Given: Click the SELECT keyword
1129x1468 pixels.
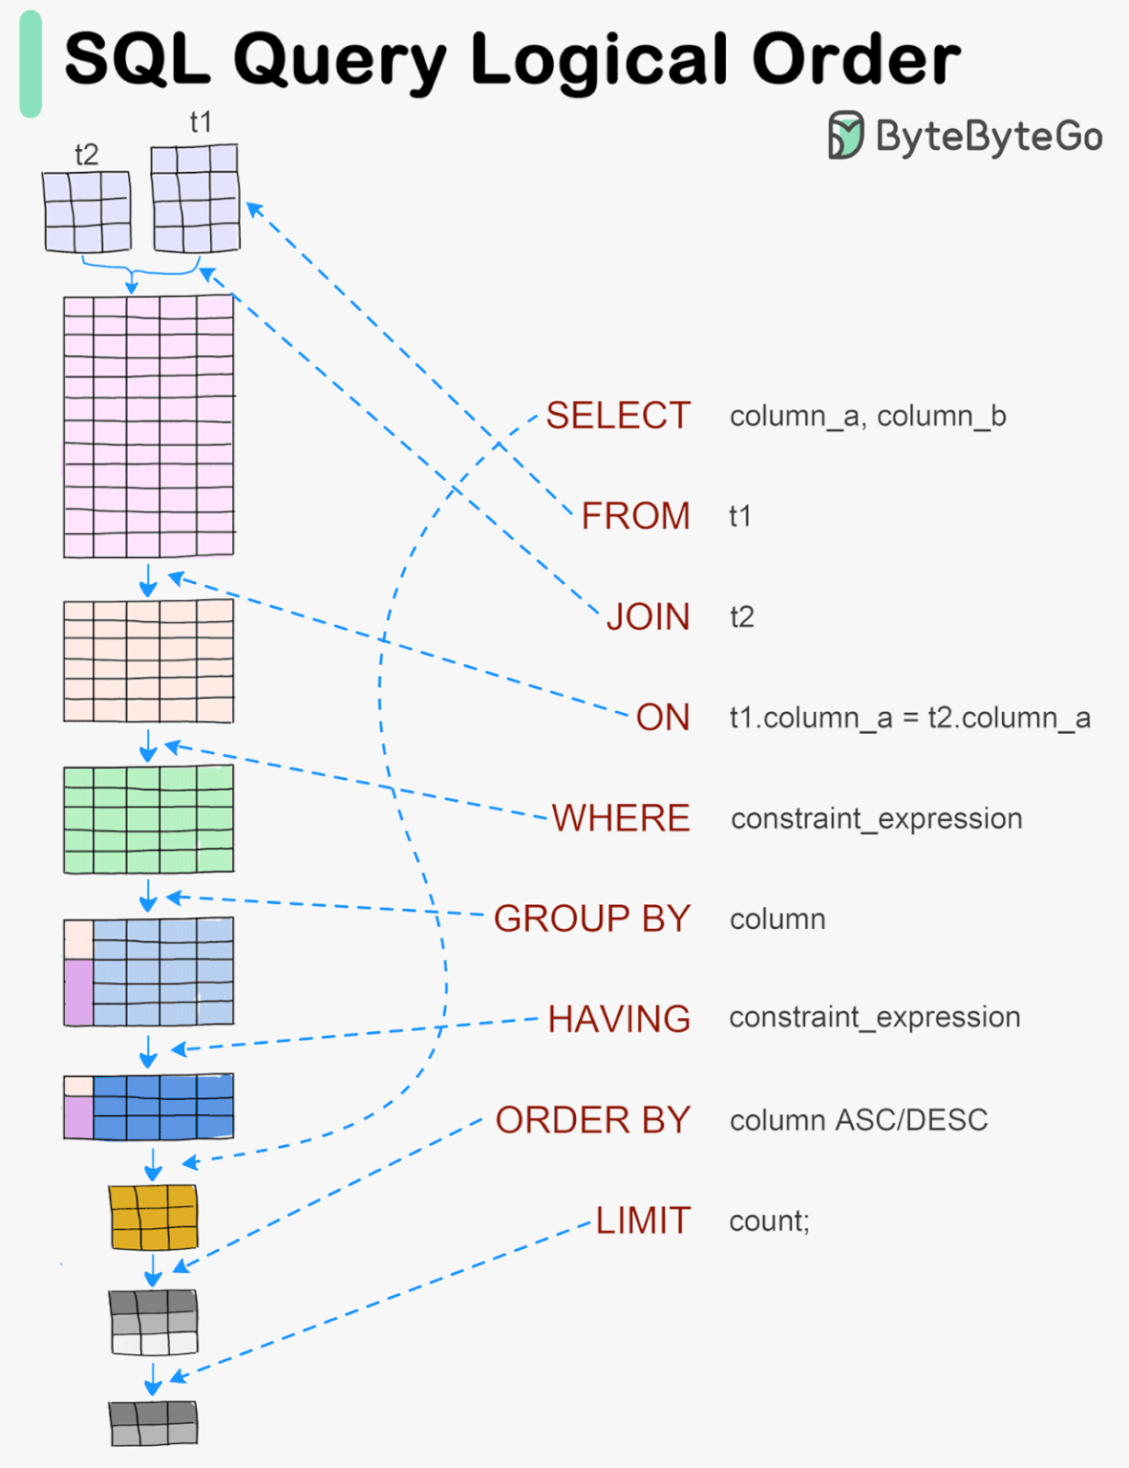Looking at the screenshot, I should [x=618, y=416].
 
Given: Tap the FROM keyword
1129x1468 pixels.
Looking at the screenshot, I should [x=635, y=516].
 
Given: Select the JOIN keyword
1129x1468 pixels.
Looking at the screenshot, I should [x=648, y=617].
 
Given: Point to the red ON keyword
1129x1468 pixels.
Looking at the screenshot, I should [x=663, y=718].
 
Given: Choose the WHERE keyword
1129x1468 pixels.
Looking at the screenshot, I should [x=621, y=818].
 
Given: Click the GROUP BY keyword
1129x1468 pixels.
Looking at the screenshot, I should [x=592, y=918].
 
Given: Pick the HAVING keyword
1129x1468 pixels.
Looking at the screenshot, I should [x=619, y=1019].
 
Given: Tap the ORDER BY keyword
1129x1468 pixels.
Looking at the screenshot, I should [x=593, y=1120].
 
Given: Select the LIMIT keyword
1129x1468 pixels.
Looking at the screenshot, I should [x=643, y=1220].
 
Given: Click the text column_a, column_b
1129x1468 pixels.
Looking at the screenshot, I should [x=867, y=417].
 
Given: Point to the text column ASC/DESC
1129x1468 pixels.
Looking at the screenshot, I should [x=859, y=1120].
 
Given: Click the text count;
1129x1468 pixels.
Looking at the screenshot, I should [x=769, y=1221].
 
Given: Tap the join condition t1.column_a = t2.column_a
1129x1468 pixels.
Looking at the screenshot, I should [x=909, y=718].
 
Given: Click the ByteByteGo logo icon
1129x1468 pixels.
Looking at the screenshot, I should [x=845, y=135].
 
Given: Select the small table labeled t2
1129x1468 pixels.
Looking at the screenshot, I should [x=87, y=211].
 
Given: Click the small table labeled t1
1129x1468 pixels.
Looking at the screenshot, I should [x=196, y=198].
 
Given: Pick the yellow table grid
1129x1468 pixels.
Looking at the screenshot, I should [x=153, y=1217].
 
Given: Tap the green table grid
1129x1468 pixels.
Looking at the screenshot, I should [x=148, y=819].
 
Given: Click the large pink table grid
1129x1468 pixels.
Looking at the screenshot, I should [x=148, y=426].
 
